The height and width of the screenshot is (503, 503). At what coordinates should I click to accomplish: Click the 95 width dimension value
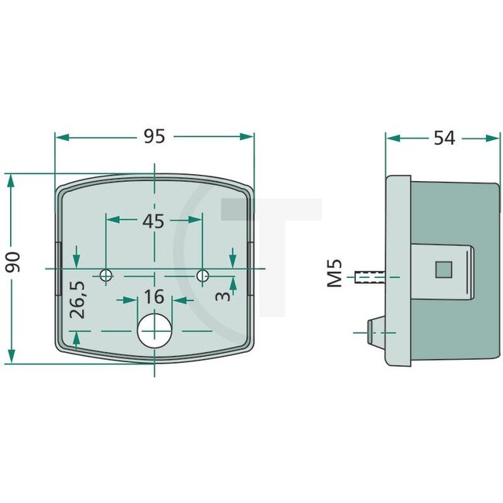155,136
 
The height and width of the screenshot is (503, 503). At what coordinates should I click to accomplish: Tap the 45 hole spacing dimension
154,221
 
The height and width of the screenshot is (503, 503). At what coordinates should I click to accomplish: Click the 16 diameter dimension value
154,296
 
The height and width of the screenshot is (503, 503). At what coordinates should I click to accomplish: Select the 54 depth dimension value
443,138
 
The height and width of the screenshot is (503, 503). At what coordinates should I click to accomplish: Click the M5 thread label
334,275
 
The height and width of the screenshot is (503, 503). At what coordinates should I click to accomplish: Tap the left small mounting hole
107,275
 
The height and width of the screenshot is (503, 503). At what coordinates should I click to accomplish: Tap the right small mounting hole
202,275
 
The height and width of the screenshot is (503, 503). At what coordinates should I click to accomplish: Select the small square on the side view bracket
443,269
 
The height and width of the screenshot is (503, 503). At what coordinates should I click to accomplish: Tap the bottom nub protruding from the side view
374,330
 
